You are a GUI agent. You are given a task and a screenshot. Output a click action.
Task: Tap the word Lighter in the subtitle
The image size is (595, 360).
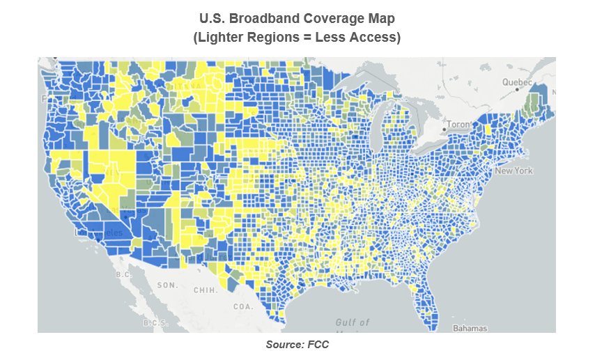(x=222, y=37)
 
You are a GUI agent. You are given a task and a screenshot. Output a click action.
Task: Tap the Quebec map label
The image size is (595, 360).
(x=518, y=82)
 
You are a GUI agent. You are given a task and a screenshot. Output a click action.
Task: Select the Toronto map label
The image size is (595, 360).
(x=459, y=125)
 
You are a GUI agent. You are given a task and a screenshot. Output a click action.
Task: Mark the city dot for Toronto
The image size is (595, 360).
(x=444, y=130)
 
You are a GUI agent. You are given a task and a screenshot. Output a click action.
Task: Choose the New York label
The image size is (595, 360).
(x=514, y=171)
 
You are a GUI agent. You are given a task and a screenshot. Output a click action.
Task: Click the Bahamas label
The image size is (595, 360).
(x=470, y=328)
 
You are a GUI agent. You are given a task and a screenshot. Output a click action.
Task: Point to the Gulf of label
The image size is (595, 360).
(x=353, y=323)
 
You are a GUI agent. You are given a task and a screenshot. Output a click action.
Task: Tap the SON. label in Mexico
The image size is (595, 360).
(x=167, y=285)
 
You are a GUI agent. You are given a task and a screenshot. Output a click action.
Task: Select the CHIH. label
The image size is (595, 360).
(x=204, y=290)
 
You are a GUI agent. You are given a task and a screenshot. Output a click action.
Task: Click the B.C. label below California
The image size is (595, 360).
(x=124, y=274)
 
